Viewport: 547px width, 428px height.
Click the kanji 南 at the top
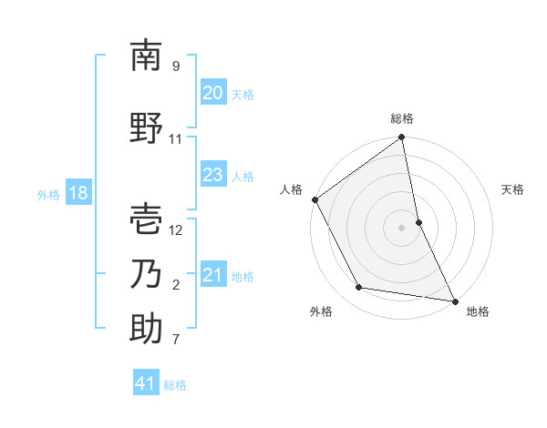(x=146, y=56)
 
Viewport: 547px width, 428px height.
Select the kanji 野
(x=146, y=128)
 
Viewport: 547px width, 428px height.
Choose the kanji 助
(x=146, y=329)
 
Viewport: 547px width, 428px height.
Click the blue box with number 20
(x=212, y=93)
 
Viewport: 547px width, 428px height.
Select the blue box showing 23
(x=212, y=175)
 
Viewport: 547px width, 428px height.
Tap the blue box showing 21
(x=212, y=275)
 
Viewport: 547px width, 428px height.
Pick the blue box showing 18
(x=77, y=193)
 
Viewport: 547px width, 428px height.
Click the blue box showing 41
(x=146, y=383)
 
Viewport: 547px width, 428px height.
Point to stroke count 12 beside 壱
(x=176, y=229)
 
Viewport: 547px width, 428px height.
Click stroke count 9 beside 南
(x=176, y=66)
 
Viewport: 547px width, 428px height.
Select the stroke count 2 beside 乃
(x=176, y=285)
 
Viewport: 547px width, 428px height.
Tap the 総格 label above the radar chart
(x=402, y=118)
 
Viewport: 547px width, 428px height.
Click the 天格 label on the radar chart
(x=512, y=189)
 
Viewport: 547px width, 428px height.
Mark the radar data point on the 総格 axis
(x=402, y=138)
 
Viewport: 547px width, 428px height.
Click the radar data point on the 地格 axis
(x=454, y=300)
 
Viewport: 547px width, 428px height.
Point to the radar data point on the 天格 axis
(x=418, y=222)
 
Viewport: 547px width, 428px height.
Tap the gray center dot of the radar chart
(x=402, y=228)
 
